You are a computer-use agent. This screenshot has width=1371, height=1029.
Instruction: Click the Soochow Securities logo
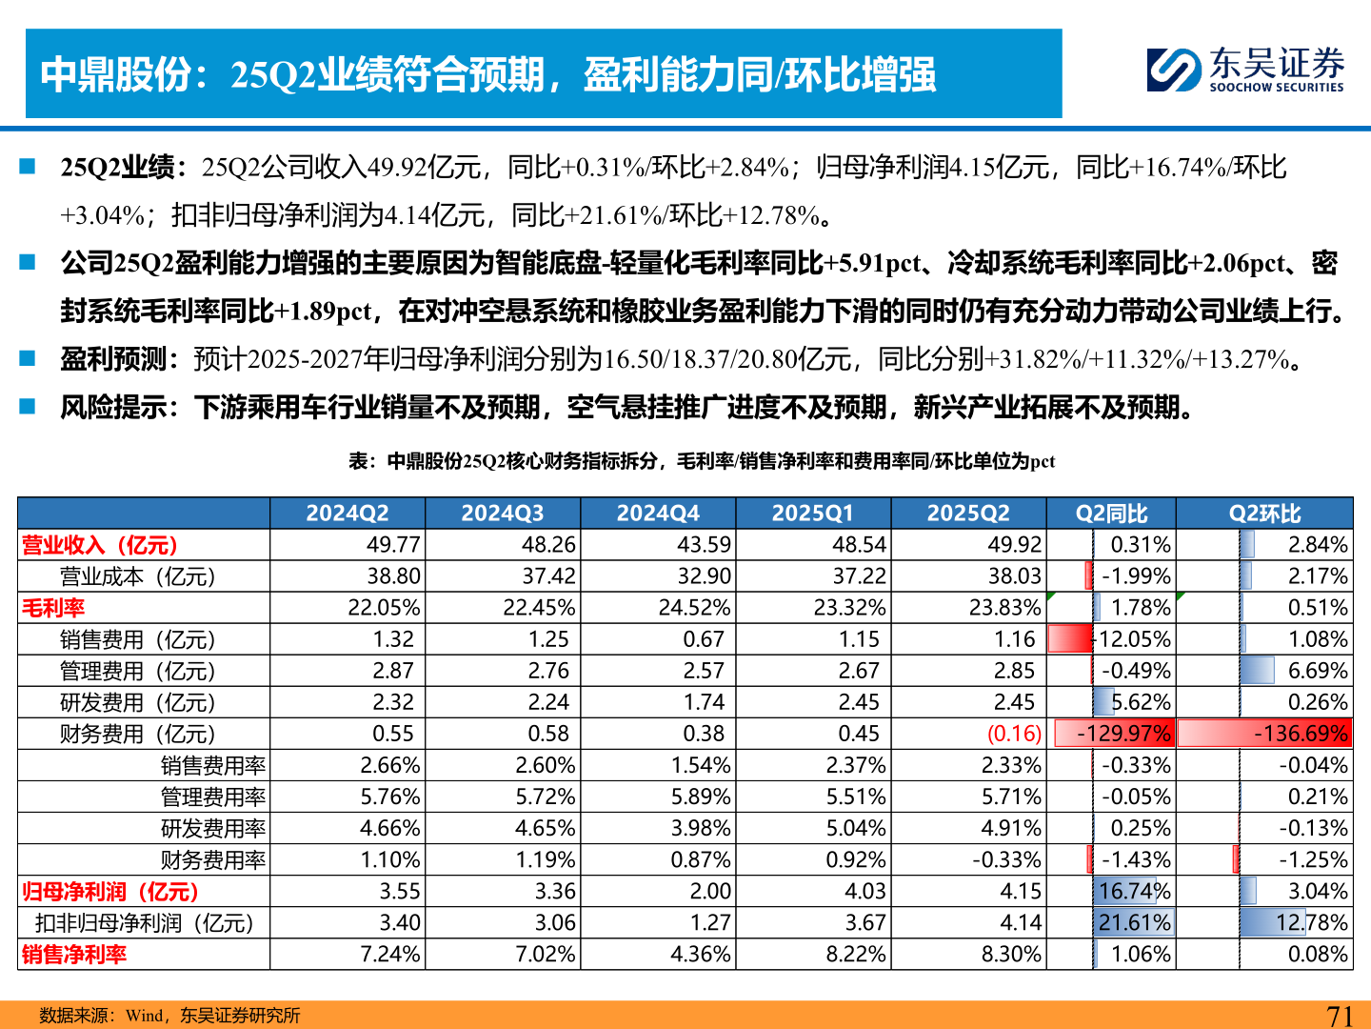click(1245, 70)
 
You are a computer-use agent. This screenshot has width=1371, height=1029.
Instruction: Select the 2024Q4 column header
click(658, 514)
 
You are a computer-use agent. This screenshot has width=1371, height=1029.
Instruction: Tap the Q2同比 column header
click(1111, 514)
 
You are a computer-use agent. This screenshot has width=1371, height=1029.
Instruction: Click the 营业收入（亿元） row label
click(100, 545)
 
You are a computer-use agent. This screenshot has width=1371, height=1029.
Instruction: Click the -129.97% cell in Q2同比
click(1123, 734)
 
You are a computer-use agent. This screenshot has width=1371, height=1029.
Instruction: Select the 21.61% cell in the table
click(1134, 922)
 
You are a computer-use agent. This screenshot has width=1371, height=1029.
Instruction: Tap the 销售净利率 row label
click(74, 954)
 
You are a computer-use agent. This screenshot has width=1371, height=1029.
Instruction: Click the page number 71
click(1340, 1016)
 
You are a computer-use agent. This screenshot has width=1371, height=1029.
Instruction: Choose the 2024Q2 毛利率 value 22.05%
click(384, 608)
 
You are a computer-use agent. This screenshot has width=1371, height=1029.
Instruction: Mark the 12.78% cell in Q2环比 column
click(1312, 922)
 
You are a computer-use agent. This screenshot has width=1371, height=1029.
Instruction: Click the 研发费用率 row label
click(212, 828)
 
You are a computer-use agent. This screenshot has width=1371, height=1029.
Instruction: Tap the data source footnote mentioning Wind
click(169, 1016)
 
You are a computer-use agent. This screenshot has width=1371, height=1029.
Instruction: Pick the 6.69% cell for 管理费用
click(1318, 671)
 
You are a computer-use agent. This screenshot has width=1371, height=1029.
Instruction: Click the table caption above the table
click(702, 461)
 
